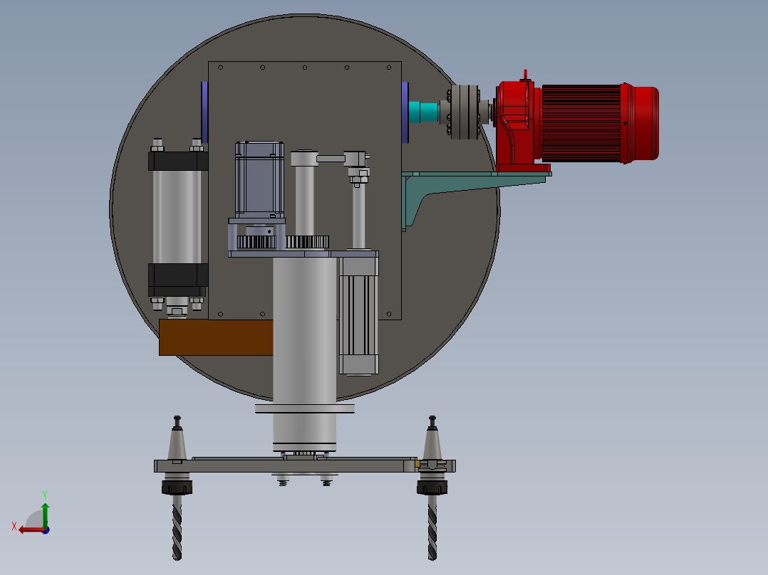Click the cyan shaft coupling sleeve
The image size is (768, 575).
click(424, 112)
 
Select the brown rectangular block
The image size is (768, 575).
click(216, 337)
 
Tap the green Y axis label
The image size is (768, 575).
click(45, 495)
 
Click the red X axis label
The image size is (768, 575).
click(14, 526)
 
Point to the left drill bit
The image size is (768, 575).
click(177, 527)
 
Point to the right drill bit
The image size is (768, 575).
click(432, 527)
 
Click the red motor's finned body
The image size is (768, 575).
click(581, 123)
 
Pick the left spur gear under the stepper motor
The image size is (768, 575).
click(256, 242)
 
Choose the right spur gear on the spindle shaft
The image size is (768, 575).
click(307, 242)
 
